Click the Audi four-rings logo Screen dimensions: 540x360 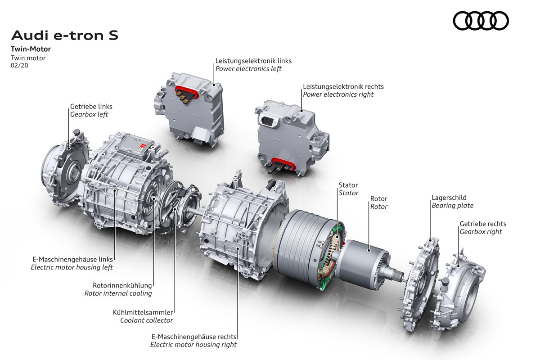pos(481,21)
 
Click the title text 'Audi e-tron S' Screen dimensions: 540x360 pos(65,35)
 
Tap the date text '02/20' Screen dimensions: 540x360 pos(19,65)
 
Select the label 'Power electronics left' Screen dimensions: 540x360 pos(248,69)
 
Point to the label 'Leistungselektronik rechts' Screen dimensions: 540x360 pos(343,86)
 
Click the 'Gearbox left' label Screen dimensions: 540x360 pos(89,114)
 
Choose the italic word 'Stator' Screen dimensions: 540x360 pos(348,193)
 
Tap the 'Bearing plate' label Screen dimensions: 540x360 pos(452,206)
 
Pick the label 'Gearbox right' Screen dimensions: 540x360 pos(481,232)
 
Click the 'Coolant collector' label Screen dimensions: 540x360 pos(147,320)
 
